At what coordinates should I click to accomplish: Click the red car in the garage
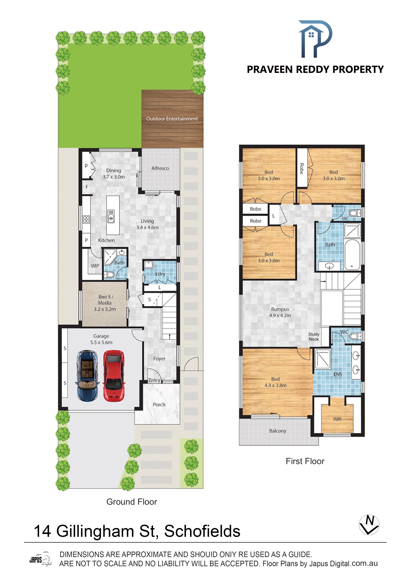tap(114, 376)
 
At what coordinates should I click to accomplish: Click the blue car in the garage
tap(87, 376)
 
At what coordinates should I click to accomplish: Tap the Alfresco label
tap(160, 168)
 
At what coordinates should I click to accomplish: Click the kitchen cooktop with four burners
tap(86, 219)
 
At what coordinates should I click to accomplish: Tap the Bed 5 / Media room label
tap(105, 303)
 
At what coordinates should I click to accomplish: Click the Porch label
tap(159, 405)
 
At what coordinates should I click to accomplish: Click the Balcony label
tap(278, 431)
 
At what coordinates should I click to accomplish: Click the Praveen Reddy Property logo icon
tap(315, 39)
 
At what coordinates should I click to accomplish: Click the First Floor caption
tap(305, 461)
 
